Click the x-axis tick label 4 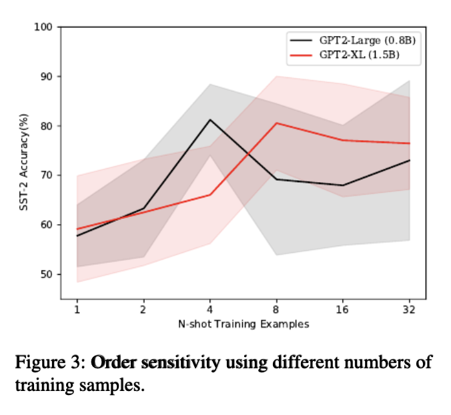pos(211,310)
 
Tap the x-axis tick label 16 pos(343,310)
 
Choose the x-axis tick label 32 pos(408,310)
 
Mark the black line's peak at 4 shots pos(211,120)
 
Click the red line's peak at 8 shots pos(277,123)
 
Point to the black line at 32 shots pos(408,160)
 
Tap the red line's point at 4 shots pos(211,195)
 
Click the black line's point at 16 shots pos(343,185)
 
